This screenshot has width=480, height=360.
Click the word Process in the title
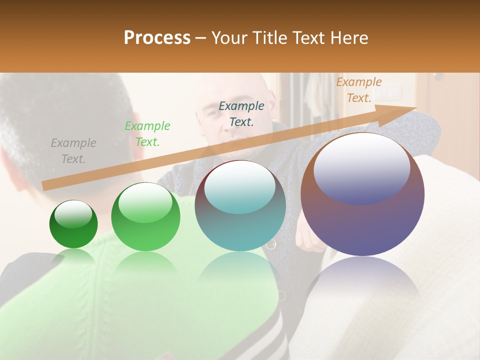tap(157, 38)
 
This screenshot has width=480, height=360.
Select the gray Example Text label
tap(73, 151)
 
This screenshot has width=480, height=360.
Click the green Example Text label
tap(147, 134)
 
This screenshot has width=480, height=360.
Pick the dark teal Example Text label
tap(241, 113)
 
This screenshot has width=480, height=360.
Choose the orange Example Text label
tap(358, 90)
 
